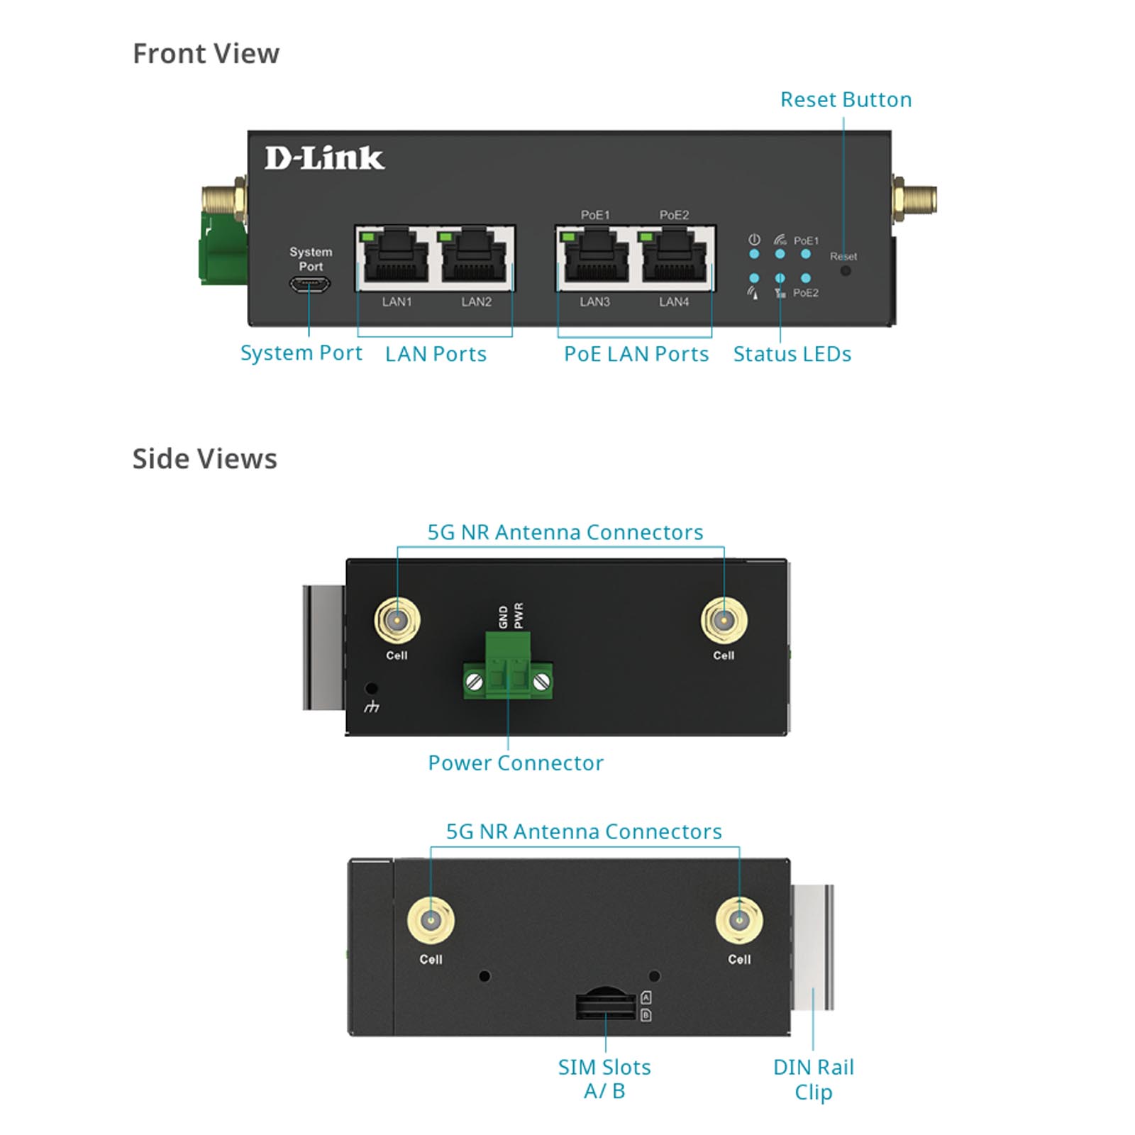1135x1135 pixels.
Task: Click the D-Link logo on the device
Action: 324,158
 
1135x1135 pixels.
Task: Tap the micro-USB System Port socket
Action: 309,285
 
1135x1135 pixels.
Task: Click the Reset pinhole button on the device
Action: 846,270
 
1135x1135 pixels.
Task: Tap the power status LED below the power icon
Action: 754,254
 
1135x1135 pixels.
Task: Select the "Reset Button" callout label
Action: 846,100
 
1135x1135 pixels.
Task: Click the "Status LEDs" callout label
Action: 792,354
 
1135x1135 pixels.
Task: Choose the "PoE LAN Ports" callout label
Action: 636,354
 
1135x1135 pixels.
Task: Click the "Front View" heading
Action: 206,54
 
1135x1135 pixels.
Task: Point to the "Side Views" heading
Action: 204,459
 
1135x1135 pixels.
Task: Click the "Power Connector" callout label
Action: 516,763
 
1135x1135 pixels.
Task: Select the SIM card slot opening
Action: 605,1005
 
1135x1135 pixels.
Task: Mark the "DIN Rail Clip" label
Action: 813,1079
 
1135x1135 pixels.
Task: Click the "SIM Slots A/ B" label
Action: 604,1079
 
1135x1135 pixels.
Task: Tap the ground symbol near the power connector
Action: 372,707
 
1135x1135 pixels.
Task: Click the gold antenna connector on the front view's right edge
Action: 916,199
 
